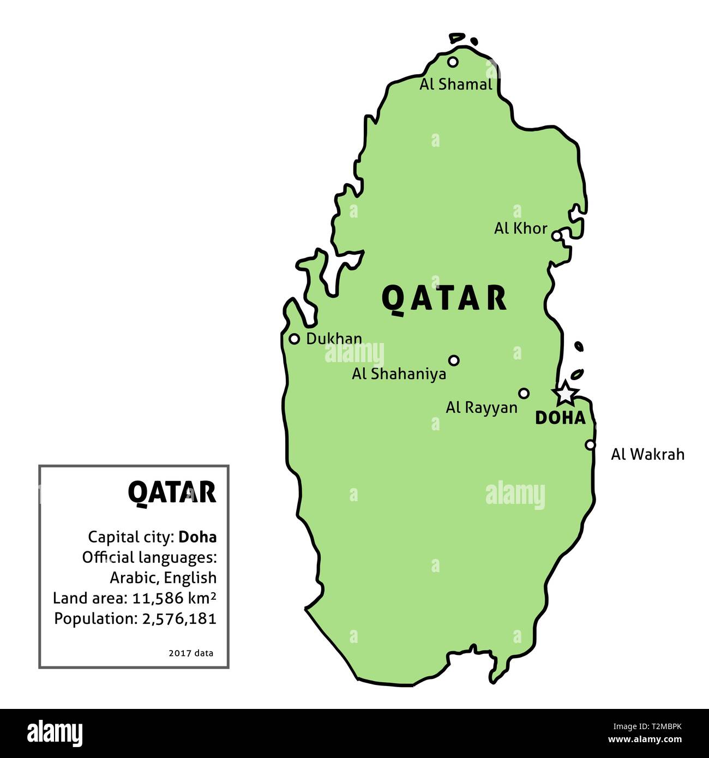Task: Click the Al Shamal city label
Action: (x=455, y=85)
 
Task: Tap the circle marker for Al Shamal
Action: (x=453, y=62)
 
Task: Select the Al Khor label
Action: (x=520, y=228)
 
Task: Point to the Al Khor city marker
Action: (x=556, y=236)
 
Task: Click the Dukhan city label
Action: (x=334, y=339)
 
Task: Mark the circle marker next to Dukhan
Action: (x=295, y=339)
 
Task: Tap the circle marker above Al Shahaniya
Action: (x=454, y=360)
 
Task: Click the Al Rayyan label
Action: (x=482, y=407)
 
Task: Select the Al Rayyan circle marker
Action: (x=524, y=393)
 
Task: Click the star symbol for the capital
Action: (x=565, y=393)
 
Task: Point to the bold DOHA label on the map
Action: (x=560, y=418)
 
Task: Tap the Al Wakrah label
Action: (x=647, y=454)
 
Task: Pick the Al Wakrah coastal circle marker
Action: (x=590, y=444)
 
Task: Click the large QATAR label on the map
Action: (x=444, y=298)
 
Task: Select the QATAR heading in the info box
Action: (x=172, y=492)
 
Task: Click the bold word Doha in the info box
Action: (x=197, y=537)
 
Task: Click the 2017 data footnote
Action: (x=191, y=652)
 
